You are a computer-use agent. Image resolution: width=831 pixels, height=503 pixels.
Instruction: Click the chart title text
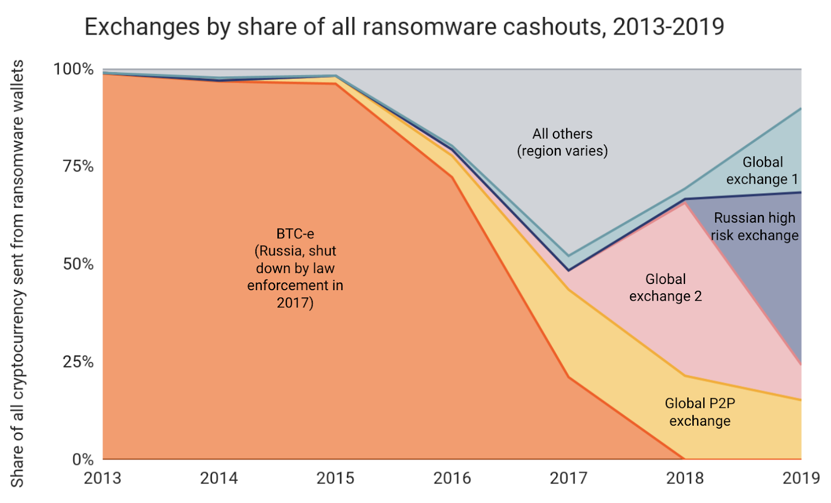point(404,27)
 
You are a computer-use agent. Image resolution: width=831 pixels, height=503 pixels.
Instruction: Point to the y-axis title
point(17,274)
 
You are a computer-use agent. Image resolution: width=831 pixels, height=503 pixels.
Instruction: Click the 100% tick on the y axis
point(74,69)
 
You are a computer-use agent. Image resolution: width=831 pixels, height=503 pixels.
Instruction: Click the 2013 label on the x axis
point(102,478)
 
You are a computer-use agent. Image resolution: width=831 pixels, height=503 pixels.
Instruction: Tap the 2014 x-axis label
point(219,478)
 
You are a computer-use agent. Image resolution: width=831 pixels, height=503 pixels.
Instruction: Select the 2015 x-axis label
point(336,478)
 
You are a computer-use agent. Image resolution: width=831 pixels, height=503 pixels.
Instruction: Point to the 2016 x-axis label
point(452,478)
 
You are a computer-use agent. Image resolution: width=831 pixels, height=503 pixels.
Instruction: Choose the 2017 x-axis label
point(568,478)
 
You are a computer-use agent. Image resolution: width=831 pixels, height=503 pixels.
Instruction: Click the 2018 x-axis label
point(685,478)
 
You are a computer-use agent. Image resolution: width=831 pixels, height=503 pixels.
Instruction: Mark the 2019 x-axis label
point(801,478)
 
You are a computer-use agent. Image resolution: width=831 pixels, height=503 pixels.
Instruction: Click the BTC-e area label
point(295,268)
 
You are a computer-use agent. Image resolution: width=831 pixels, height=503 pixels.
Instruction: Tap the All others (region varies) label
point(562,142)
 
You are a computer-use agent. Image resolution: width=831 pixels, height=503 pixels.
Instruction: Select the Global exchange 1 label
point(762,171)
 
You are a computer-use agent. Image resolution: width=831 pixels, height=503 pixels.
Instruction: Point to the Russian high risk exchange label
point(755,226)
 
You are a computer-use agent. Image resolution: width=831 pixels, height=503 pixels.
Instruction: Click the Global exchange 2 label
point(665,288)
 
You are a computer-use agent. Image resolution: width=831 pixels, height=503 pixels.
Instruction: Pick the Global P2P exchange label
point(700,412)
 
